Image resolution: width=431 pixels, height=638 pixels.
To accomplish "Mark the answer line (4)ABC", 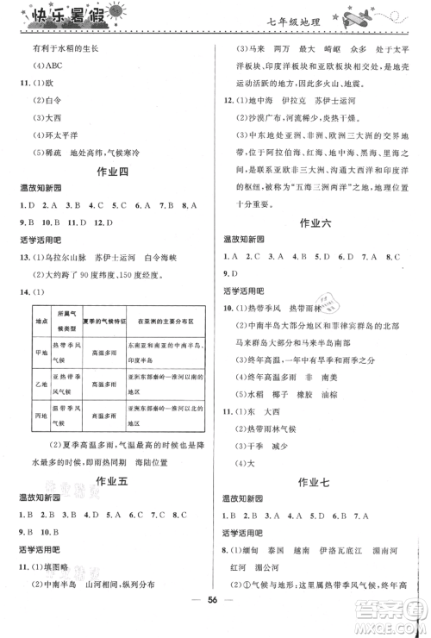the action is point(47,71).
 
